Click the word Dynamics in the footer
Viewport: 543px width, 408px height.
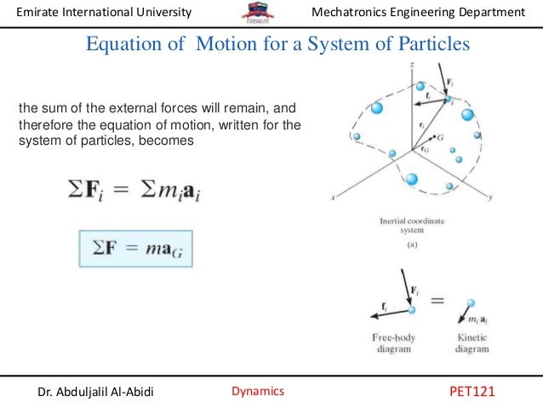click(x=258, y=391)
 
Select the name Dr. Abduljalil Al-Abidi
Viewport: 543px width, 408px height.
click(x=96, y=392)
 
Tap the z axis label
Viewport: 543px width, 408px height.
click(x=411, y=65)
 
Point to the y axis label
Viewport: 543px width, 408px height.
click(x=492, y=197)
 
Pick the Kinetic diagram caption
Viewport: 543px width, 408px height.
click(x=473, y=341)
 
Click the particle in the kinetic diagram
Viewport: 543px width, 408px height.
click(x=471, y=302)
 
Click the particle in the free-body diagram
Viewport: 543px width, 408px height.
click(x=412, y=310)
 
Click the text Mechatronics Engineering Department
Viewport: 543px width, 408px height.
click(x=419, y=12)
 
